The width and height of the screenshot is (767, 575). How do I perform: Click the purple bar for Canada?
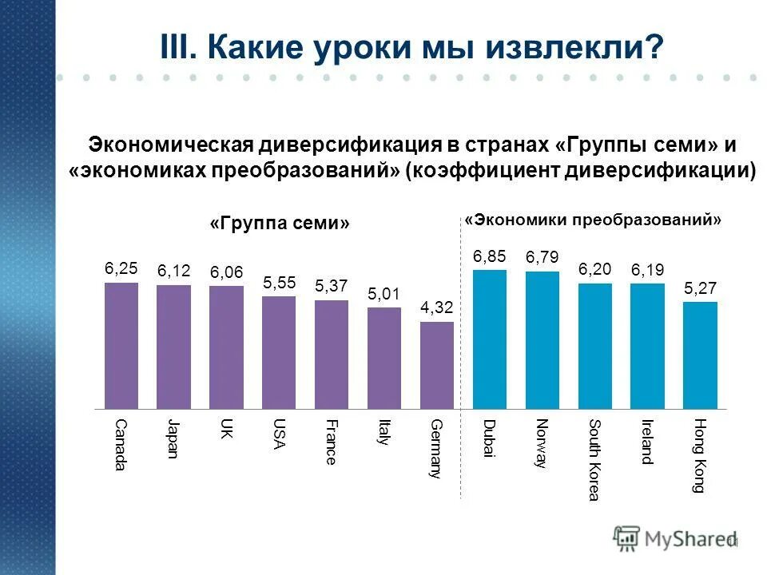tap(121, 344)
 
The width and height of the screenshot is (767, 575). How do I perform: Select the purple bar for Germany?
tap(437, 364)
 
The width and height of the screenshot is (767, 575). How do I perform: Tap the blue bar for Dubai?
tap(490, 339)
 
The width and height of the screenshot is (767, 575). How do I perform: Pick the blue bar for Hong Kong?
tap(700, 355)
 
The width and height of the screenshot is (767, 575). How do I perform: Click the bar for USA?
tap(279, 351)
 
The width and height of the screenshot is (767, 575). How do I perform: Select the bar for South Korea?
tap(594, 345)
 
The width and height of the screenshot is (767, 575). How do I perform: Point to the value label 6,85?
tap(490, 256)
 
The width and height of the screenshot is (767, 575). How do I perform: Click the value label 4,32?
tap(437, 307)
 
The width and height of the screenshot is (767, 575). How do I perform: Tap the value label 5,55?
tap(280, 282)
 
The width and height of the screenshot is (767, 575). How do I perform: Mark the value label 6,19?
tap(647, 270)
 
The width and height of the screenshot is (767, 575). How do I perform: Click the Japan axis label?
tap(173, 438)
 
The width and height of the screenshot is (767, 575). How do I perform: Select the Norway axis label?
tap(542, 443)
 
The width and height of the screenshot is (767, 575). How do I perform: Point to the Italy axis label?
tap(384, 433)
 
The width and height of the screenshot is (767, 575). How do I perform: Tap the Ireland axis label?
tap(647, 442)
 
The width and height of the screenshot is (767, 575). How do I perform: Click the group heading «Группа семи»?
tap(280, 223)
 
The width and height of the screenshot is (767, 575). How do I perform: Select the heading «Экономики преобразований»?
tap(593, 219)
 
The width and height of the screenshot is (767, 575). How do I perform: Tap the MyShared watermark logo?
tap(676, 539)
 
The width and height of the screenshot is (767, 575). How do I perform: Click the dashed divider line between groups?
tap(463, 359)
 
